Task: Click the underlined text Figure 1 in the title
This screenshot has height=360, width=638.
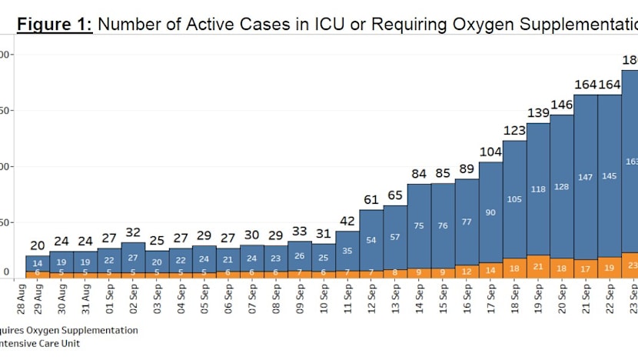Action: [55, 24]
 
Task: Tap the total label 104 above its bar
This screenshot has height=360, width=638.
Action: [490, 152]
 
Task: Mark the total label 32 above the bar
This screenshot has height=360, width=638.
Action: [132, 232]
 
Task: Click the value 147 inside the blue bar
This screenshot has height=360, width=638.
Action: [585, 178]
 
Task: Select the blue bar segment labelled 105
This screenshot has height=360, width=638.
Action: [513, 198]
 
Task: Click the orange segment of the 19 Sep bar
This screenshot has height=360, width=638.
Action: [538, 266]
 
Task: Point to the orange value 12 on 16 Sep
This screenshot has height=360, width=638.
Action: [466, 271]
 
